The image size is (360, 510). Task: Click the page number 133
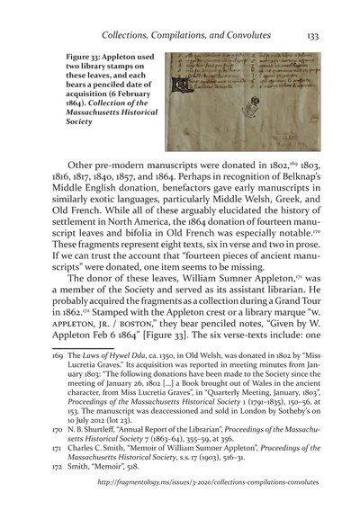(x=328, y=35)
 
